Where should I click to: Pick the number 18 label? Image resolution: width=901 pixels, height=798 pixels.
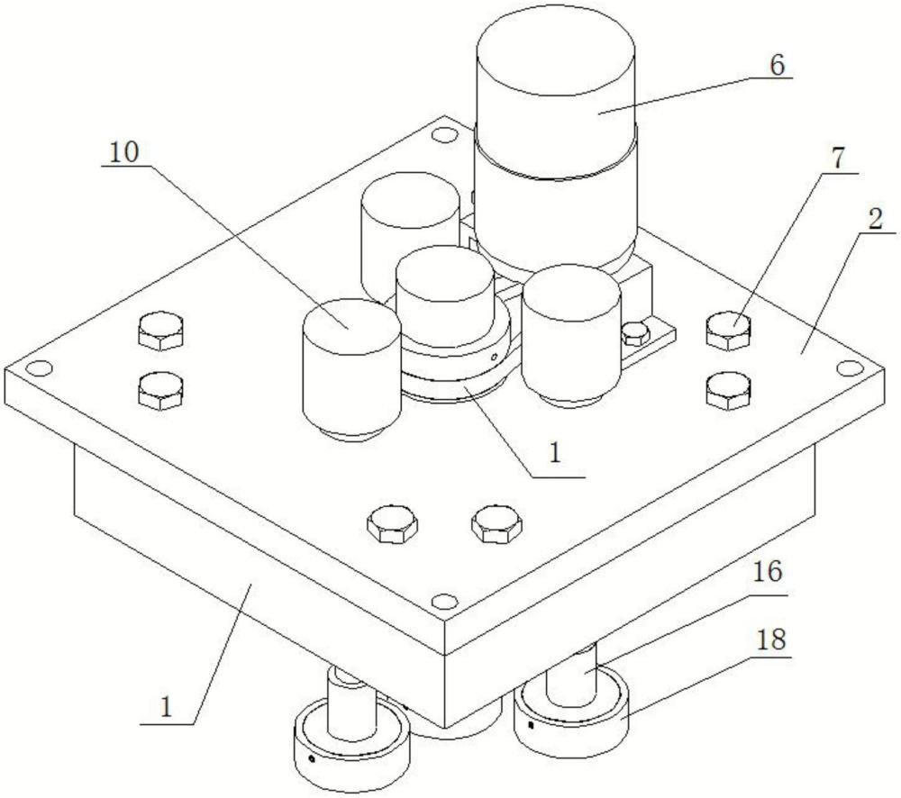pyautogui.click(x=772, y=640)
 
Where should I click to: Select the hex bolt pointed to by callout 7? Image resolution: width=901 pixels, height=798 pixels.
pyautogui.click(x=727, y=331)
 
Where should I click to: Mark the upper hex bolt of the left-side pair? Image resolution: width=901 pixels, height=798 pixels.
pyautogui.click(x=162, y=333)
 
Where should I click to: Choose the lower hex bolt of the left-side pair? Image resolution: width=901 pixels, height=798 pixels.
pyautogui.click(x=162, y=389)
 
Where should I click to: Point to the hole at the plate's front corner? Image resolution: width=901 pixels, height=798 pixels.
pyautogui.click(x=441, y=601)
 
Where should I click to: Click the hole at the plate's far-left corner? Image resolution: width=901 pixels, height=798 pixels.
pyautogui.click(x=38, y=368)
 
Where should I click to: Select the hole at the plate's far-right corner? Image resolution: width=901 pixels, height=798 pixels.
pyautogui.click(x=846, y=367)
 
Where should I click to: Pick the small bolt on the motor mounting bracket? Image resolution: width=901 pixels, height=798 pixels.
pyautogui.click(x=635, y=332)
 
